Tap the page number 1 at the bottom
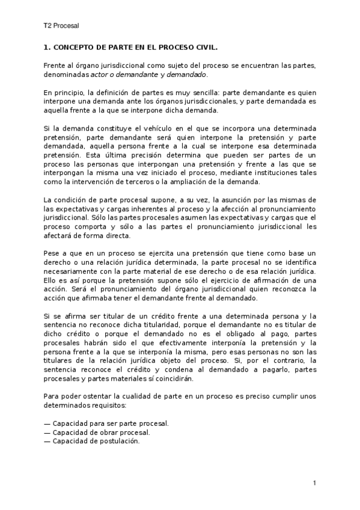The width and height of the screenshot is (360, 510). (x=314, y=483)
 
